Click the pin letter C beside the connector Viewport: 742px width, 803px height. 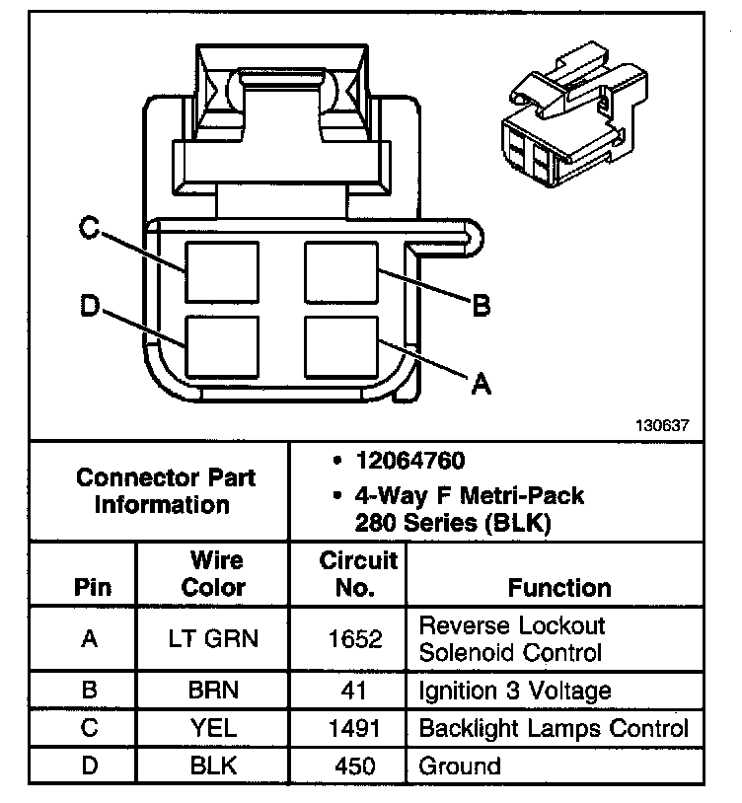(x=89, y=229)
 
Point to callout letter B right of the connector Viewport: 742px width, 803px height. (x=481, y=306)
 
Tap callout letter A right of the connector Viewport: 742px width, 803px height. (x=481, y=383)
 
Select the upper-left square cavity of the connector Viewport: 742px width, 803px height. (x=222, y=271)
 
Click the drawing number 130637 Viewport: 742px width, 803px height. (x=662, y=425)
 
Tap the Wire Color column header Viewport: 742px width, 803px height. (x=215, y=573)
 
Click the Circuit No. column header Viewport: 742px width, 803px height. (x=358, y=573)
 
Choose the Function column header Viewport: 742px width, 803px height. (x=559, y=587)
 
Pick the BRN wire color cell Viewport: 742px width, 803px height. (x=214, y=690)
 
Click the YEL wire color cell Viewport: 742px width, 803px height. (x=214, y=729)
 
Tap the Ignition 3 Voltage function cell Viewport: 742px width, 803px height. (x=515, y=690)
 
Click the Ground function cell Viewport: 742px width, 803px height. (x=460, y=766)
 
